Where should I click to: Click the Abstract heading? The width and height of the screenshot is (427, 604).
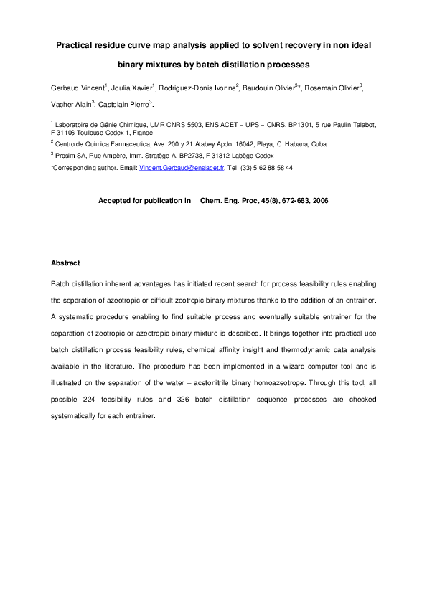(x=65, y=263)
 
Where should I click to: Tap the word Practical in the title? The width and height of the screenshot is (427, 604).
(x=79, y=45)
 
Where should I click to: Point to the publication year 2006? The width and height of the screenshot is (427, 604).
(x=320, y=201)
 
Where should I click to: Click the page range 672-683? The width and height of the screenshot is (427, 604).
(x=291, y=201)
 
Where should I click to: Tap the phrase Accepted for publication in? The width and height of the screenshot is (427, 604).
(x=144, y=201)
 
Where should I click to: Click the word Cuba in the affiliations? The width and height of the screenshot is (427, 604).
(x=319, y=143)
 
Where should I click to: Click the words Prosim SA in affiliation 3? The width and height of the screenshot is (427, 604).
(x=71, y=156)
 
